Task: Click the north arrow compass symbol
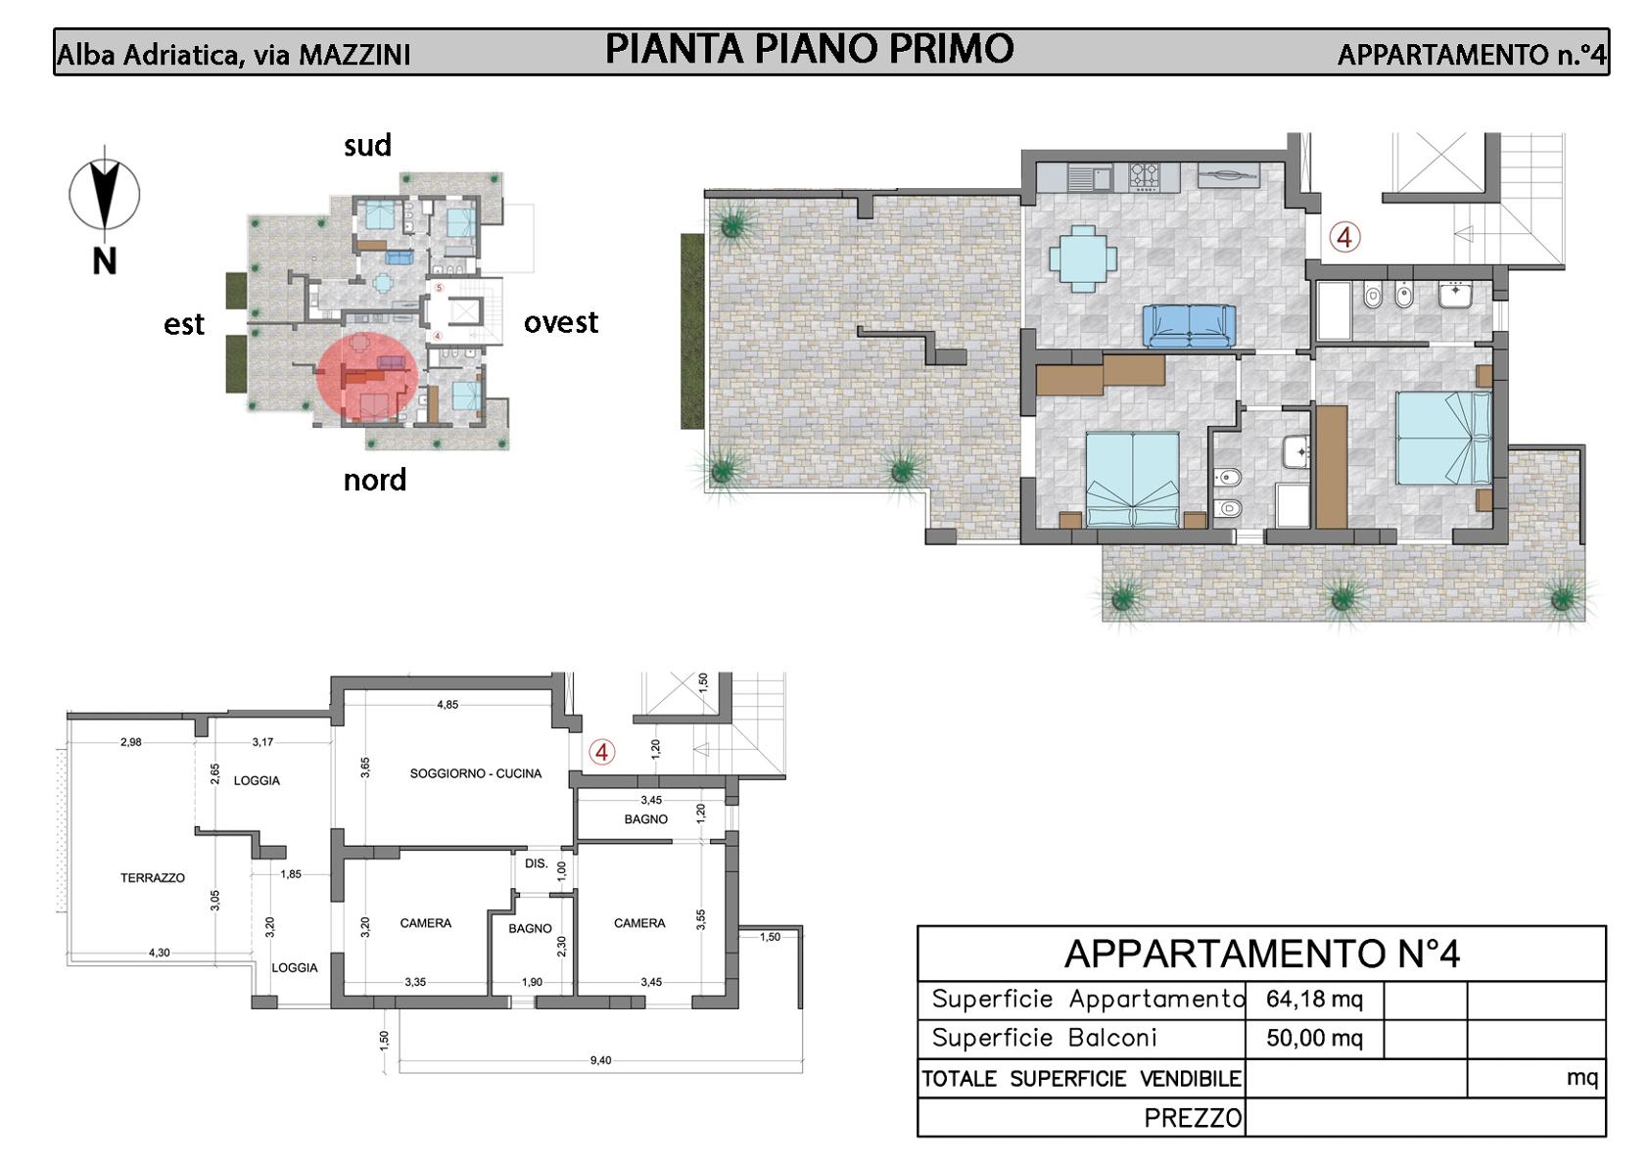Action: pyautogui.click(x=105, y=195)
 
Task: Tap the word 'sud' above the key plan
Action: pyautogui.click(x=367, y=145)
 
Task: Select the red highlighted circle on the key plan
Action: pyautogui.click(x=367, y=378)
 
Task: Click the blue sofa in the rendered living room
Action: pyautogui.click(x=1189, y=326)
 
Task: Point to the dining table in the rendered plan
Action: pyautogui.click(x=1083, y=258)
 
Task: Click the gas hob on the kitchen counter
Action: pyautogui.click(x=1144, y=176)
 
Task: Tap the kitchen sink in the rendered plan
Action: pyautogui.click(x=1090, y=177)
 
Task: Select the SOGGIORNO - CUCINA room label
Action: pyautogui.click(x=476, y=773)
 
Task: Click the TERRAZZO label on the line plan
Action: pyautogui.click(x=153, y=877)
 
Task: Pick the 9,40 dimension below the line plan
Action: pyautogui.click(x=600, y=1060)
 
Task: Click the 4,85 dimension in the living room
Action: pyautogui.click(x=448, y=704)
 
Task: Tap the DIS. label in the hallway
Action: pyautogui.click(x=536, y=863)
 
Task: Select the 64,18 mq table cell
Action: pyautogui.click(x=1314, y=1000)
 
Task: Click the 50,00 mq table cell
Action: pyautogui.click(x=1314, y=1039)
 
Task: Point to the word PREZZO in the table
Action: pyautogui.click(x=1193, y=1118)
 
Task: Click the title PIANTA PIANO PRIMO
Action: pyautogui.click(x=809, y=49)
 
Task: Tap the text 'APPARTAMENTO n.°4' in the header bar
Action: pyautogui.click(x=1472, y=55)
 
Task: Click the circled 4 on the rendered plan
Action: pyautogui.click(x=1344, y=238)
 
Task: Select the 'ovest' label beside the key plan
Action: pyautogui.click(x=561, y=322)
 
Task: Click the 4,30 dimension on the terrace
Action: pyautogui.click(x=159, y=953)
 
